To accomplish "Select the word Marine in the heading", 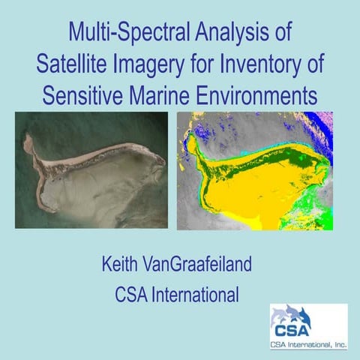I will pyautogui.click(x=166, y=96).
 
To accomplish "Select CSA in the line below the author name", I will pyautogui.click(x=133, y=294).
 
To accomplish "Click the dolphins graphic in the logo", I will pyautogui.click(x=297, y=314).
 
